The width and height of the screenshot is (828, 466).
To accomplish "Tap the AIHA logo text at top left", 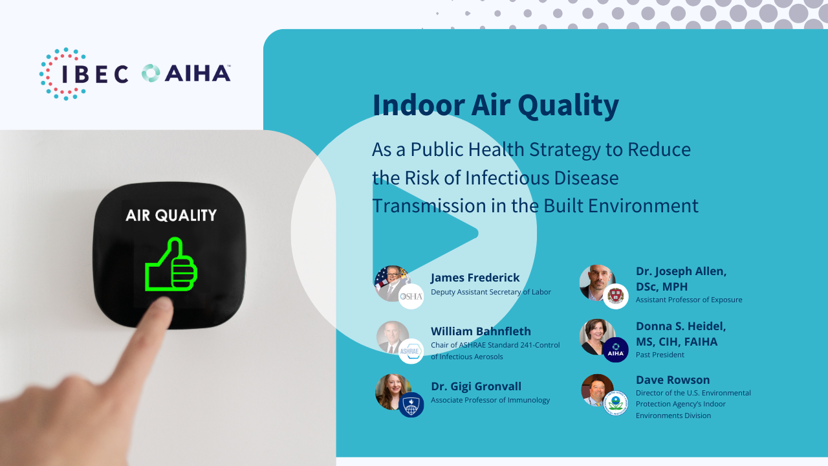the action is [198, 73].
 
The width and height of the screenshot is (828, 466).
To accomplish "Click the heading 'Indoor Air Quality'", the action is [496, 105].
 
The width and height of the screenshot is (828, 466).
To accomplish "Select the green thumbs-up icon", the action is [171, 265].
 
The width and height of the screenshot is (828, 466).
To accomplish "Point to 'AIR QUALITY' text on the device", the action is [171, 216].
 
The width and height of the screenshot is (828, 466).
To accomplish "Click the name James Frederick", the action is [475, 278].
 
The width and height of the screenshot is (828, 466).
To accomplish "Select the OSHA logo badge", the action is [411, 296].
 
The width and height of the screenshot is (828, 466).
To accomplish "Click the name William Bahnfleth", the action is [481, 331].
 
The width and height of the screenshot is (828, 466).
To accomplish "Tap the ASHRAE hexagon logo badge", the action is [411, 351].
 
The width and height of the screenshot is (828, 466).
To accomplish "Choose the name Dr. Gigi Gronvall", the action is [476, 386].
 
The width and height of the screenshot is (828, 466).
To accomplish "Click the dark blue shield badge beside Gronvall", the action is [411, 405].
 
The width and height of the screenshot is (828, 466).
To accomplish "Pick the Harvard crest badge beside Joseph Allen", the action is [616, 296].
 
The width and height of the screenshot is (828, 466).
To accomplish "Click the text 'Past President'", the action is [660, 355].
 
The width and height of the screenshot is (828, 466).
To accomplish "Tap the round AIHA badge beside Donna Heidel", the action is [616, 350].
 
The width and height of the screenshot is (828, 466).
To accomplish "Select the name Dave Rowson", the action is [673, 380].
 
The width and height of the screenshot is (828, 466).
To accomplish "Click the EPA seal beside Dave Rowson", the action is [616, 403].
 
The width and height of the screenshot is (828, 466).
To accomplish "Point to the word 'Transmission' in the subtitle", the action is [429, 206].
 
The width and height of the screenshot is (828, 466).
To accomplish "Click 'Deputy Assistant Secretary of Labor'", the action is [491, 292].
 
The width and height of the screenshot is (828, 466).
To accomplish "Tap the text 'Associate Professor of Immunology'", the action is [490, 400].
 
